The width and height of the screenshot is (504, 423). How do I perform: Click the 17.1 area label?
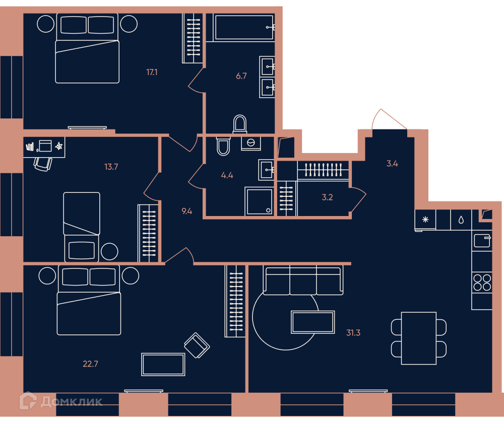coord(152,73)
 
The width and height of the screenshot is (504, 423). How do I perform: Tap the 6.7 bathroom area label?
coord(241,76)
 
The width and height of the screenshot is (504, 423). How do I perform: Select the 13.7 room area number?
coord(111,167)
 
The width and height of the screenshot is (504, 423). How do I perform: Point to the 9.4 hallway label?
coord(187,211)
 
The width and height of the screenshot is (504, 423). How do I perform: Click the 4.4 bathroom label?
coord(227,175)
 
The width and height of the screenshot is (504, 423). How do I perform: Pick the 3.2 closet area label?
coord(327,197)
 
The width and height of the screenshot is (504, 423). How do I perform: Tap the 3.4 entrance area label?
coord(392,164)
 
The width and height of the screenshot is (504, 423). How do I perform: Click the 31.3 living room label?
coord(353,333)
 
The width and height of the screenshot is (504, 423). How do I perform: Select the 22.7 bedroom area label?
coord(90,364)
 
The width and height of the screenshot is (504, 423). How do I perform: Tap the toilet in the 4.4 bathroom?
coord(223,147)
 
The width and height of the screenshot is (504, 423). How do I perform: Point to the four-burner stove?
coord(482,283)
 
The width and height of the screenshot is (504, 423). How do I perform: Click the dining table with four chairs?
coord(418,338)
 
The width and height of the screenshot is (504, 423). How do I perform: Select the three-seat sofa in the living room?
coord(303,280)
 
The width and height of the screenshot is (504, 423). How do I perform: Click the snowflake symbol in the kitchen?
coord(425,220)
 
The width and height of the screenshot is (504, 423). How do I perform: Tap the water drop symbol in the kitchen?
coord(461,220)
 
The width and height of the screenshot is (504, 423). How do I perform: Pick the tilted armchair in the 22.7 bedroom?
coord(197,345)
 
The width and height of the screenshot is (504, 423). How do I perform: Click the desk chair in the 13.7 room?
coord(43,164)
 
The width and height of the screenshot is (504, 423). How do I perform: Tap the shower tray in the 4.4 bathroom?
coord(259,201)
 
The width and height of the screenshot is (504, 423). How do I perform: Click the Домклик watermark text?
coord(72,401)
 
